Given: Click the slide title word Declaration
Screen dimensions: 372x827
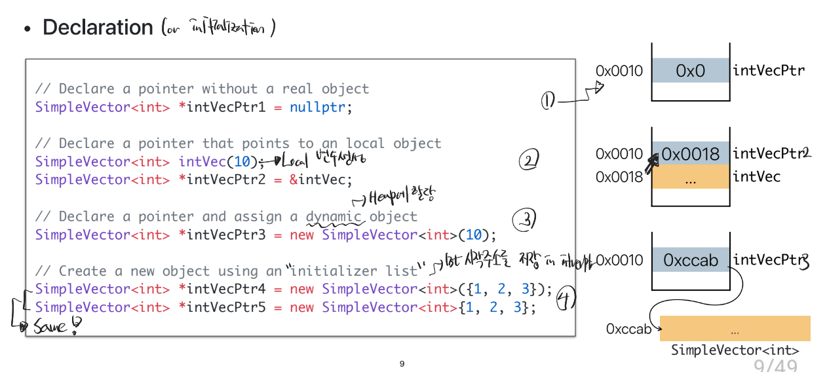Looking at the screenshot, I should click(98, 28).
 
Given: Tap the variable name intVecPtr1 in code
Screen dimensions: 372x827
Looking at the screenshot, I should click(226, 107).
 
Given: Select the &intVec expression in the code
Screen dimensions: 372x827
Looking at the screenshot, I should click(320, 179).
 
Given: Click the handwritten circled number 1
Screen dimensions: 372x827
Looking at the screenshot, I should click(548, 101).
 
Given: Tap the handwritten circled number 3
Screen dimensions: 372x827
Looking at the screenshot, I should click(525, 221).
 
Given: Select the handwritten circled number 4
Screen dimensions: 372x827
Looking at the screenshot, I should click(565, 299).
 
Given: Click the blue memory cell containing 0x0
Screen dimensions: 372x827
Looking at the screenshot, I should click(690, 70).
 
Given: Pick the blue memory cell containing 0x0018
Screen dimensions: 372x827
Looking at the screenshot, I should click(690, 154).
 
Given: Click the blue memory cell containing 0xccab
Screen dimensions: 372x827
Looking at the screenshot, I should click(690, 260).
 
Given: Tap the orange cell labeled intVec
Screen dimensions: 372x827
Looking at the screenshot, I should click(690, 177).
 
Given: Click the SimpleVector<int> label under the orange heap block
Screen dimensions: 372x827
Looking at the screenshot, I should click(735, 350).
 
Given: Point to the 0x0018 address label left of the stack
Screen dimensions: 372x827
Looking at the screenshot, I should click(619, 177).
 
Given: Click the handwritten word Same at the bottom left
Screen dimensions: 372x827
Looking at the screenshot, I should click(50, 325).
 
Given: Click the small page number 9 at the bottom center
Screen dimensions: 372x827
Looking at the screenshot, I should click(402, 363).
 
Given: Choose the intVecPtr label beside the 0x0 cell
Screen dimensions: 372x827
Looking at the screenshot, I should click(768, 70).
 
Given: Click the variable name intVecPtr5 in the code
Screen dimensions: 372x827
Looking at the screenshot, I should click(226, 307).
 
